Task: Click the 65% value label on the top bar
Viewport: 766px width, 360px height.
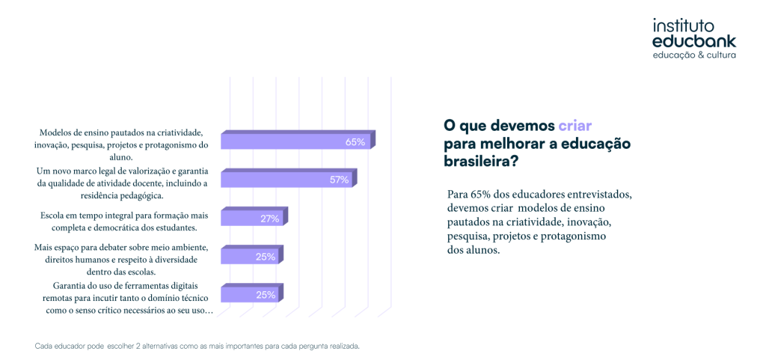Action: coord(355,141)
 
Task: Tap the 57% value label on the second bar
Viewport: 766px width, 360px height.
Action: coord(339,180)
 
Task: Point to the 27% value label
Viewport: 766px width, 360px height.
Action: coord(269,219)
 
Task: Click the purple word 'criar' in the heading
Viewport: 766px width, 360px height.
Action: coord(575,126)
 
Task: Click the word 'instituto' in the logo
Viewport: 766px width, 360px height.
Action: coord(684,25)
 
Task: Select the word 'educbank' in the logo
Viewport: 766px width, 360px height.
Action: coord(693,41)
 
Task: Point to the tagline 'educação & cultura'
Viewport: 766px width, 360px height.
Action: coord(694,55)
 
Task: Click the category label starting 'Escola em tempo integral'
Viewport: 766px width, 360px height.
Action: coord(119,221)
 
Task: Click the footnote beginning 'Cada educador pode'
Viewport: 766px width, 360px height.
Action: coord(197,347)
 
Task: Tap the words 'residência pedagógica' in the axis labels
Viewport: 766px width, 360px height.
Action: coord(120,195)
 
